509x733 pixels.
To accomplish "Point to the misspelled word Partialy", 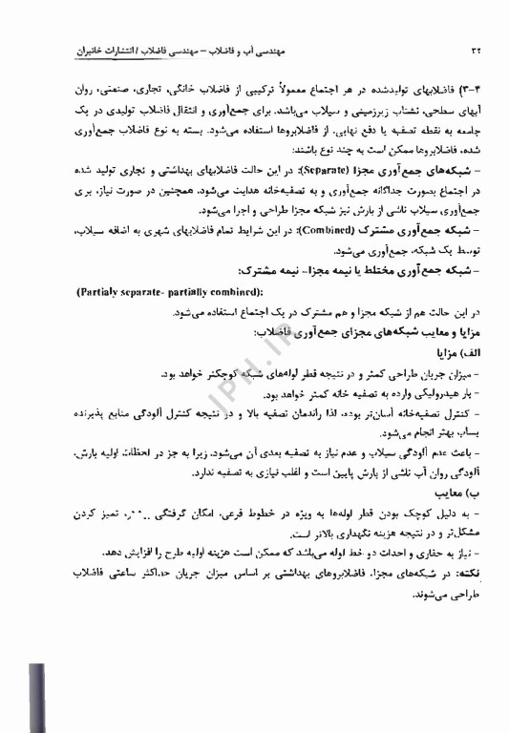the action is point(100,289).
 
